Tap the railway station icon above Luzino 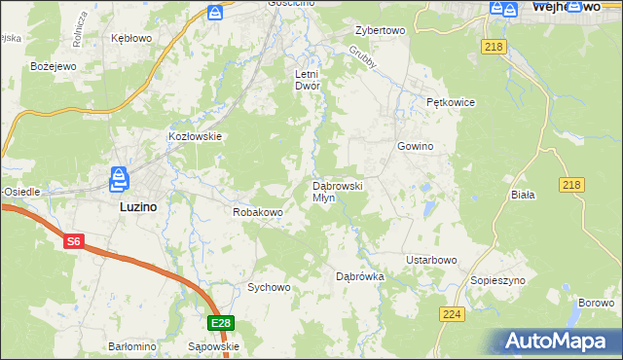(x=119, y=179)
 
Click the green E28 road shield (x=221, y=323)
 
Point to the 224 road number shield (x=451, y=314)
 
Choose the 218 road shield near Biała (x=571, y=185)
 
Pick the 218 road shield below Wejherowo (x=493, y=47)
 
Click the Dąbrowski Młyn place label (x=337, y=191)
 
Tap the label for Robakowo (x=257, y=211)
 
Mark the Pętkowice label (x=449, y=101)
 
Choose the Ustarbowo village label (x=431, y=260)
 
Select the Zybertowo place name (x=380, y=30)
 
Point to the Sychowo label (x=269, y=287)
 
